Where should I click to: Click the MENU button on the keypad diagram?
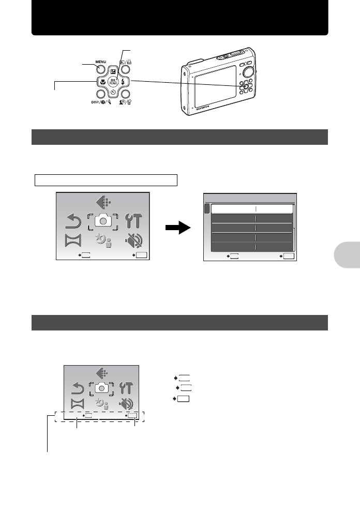pos(101,69)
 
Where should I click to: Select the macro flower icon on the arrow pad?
pos(102,81)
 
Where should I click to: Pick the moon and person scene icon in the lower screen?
pos(102,404)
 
